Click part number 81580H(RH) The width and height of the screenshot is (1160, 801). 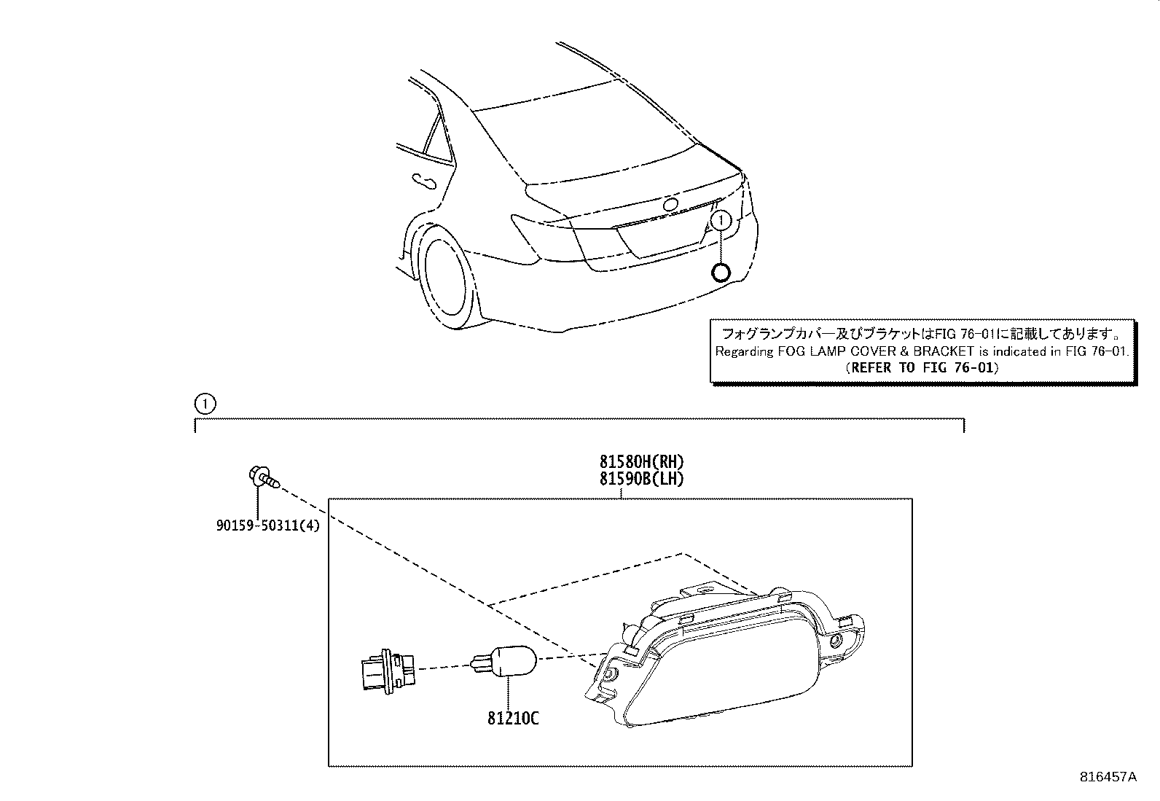click(641, 461)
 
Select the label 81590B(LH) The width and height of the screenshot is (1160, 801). click(641, 479)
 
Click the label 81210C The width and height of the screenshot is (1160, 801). click(513, 718)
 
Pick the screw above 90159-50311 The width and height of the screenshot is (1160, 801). click(262, 478)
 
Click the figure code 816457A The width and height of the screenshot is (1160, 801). click(1108, 776)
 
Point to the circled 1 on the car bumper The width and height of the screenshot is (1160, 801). click(721, 219)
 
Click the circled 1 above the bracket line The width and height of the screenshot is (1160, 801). click(205, 403)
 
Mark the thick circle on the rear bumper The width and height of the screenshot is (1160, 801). click(720, 273)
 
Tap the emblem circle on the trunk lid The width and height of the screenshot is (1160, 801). click(670, 205)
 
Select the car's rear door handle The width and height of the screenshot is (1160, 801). click(421, 180)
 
